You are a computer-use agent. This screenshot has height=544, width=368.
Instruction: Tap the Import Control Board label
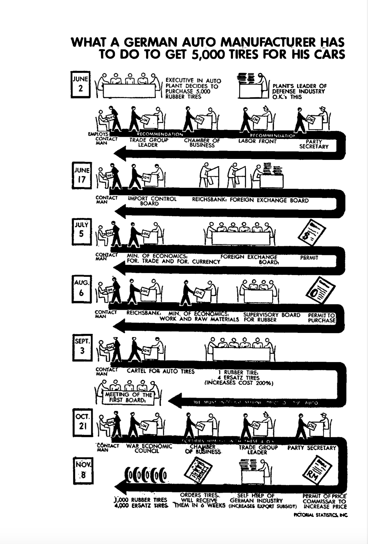click(x=152, y=201)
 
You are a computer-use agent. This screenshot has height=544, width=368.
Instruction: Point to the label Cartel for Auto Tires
click(x=161, y=371)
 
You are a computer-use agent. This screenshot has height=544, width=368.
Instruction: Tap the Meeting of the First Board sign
click(x=128, y=397)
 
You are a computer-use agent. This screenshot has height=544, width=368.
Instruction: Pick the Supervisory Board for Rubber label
click(x=272, y=317)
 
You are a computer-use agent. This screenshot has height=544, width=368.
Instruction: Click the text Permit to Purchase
click(x=321, y=317)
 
